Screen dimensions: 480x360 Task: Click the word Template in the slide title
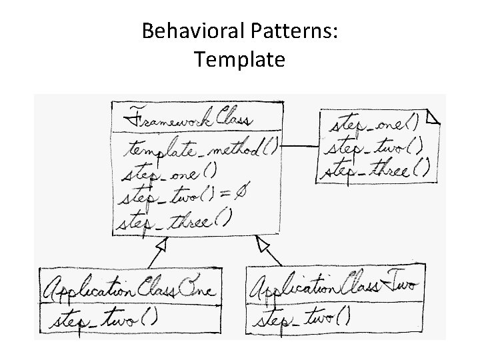pos(240,60)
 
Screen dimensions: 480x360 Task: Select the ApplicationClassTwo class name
pos(333,287)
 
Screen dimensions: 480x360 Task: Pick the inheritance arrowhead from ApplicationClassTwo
pos(262,245)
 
